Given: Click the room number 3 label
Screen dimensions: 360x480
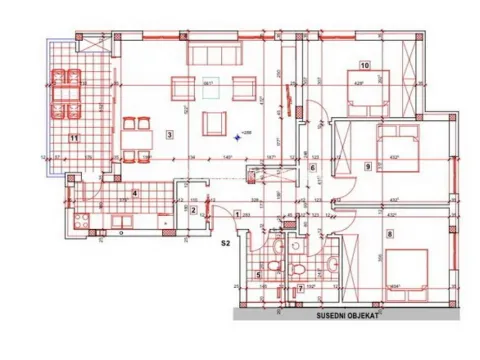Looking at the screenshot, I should [x=171, y=135].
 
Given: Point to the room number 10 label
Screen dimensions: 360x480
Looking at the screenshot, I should [x=365, y=66].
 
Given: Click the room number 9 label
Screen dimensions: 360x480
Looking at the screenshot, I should [x=370, y=166].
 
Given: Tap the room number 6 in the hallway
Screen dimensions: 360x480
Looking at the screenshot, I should [x=312, y=168].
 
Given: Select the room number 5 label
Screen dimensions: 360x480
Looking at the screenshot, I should [x=259, y=273].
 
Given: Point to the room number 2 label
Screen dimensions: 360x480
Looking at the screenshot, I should [x=193, y=210].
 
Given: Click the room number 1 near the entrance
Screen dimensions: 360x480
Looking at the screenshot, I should [x=237, y=213].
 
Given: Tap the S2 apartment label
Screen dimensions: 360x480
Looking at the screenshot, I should [x=225, y=242].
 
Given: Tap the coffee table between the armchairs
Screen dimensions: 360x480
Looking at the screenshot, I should [x=210, y=88].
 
